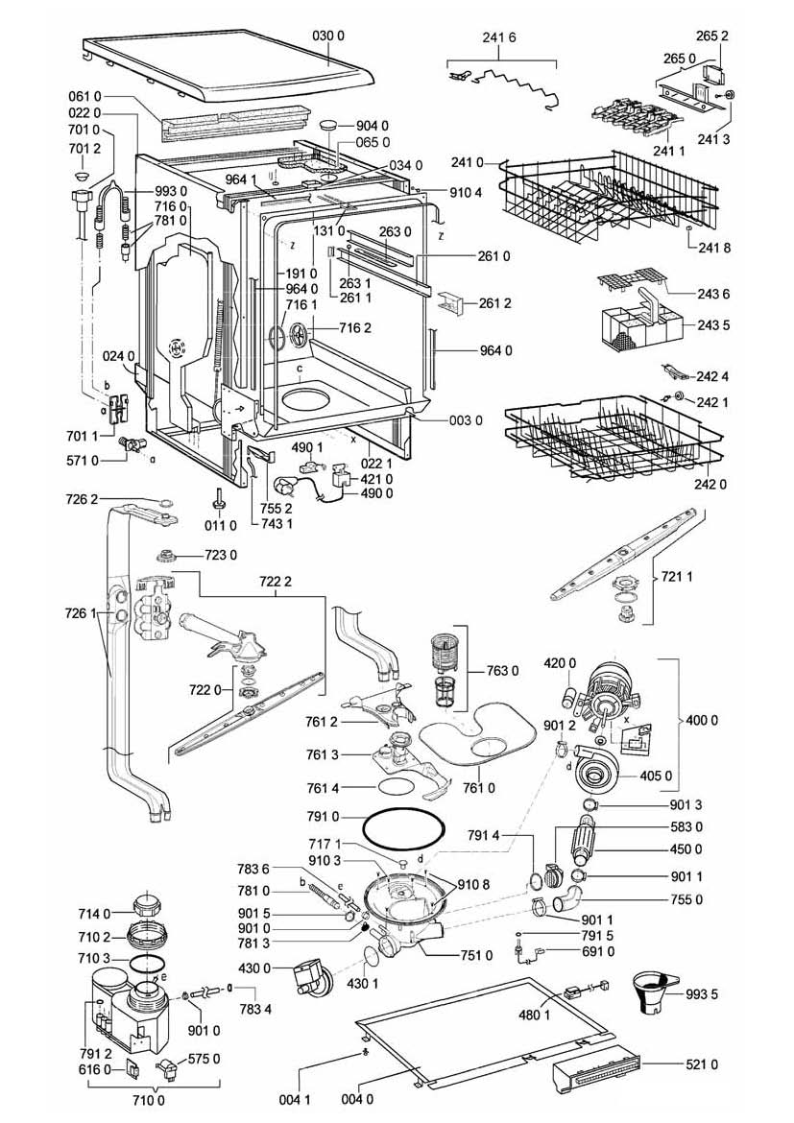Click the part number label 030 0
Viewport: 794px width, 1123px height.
tap(328, 36)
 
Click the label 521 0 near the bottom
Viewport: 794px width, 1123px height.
tap(702, 1065)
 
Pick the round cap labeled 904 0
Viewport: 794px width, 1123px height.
tap(329, 126)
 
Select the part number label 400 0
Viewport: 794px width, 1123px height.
tap(701, 720)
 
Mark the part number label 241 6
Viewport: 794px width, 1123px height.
tap(498, 38)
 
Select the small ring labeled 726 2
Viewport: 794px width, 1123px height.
tap(163, 501)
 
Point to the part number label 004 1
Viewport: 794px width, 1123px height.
tap(295, 1099)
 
